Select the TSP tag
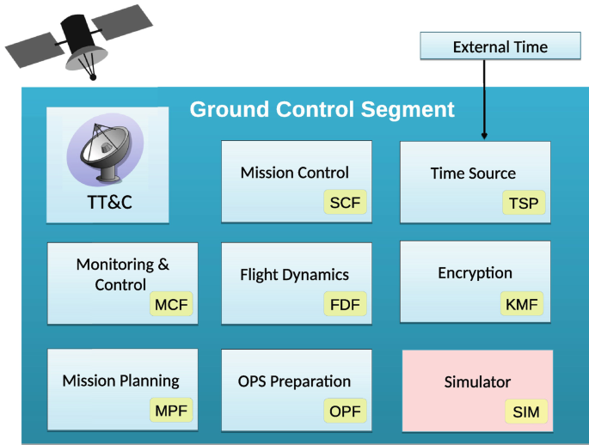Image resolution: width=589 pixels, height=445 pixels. pos(524,204)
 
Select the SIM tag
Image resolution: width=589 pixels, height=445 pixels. pos(525,411)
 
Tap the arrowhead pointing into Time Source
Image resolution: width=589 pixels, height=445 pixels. pos(485,135)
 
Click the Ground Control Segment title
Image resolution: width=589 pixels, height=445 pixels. pos(322,110)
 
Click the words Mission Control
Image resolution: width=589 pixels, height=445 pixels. pos(295,173)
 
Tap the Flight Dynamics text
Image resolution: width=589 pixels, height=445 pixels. pos(294,275)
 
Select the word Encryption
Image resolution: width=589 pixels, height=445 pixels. pos(475,273)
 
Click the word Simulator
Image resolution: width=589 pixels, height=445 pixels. pos(477,382)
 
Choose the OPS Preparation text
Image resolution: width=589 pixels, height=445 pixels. pos(294,381)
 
